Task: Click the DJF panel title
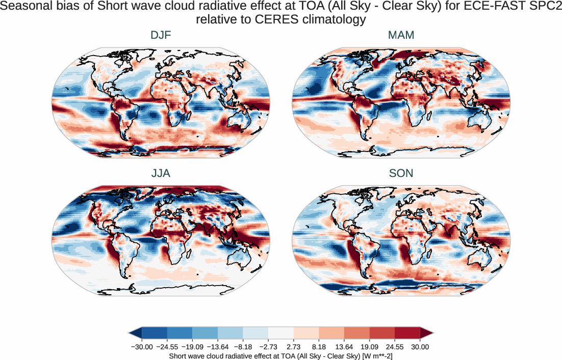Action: click(161, 36)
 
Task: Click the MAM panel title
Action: click(401, 36)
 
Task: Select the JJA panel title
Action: click(161, 173)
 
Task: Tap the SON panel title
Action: click(401, 173)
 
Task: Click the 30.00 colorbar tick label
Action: click(420, 347)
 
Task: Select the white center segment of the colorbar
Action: click(281, 333)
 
